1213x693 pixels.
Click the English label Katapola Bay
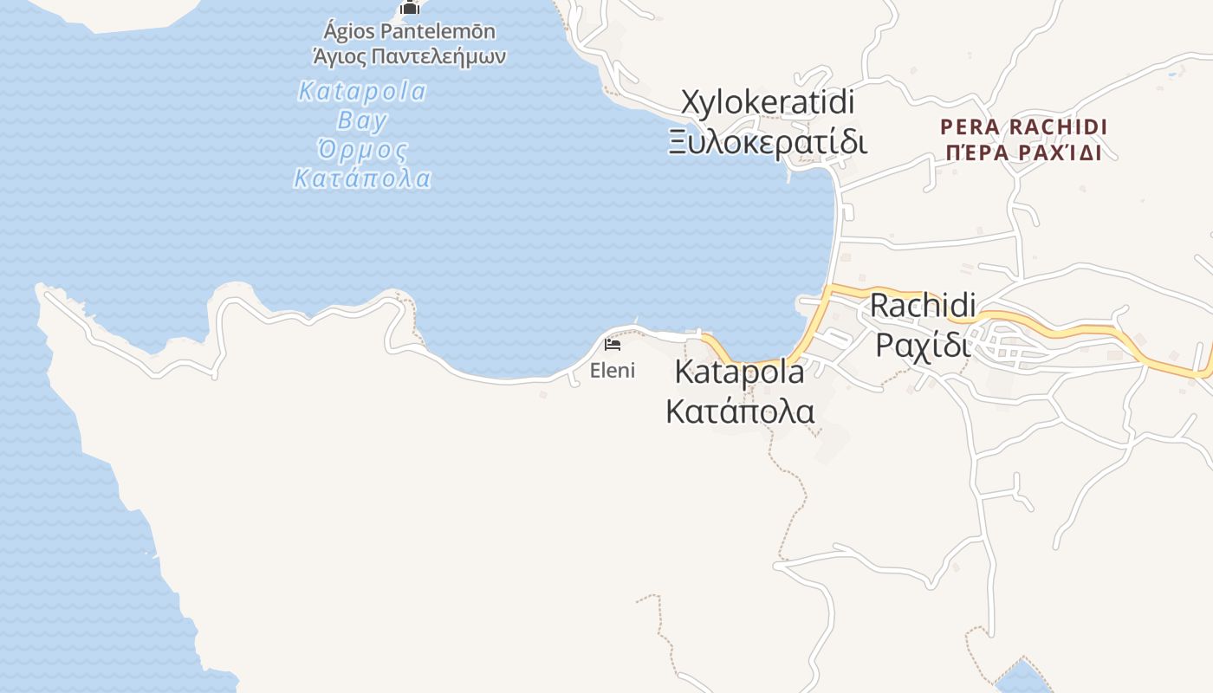click(362, 105)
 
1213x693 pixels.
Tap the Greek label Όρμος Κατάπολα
click(362, 165)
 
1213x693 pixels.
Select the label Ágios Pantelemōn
click(409, 32)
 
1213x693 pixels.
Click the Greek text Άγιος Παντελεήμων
click(409, 57)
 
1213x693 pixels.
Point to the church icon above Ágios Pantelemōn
click(410, 8)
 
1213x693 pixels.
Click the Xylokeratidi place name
click(768, 102)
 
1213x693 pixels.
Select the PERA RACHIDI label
click(1023, 127)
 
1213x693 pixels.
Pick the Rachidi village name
click(923, 305)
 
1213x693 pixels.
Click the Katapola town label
click(739, 372)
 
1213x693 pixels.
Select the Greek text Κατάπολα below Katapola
click(740, 411)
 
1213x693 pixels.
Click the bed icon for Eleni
click(613, 345)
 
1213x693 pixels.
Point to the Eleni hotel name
click(613, 371)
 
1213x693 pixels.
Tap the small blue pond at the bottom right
click(1023, 677)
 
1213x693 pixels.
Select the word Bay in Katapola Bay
click(362, 120)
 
